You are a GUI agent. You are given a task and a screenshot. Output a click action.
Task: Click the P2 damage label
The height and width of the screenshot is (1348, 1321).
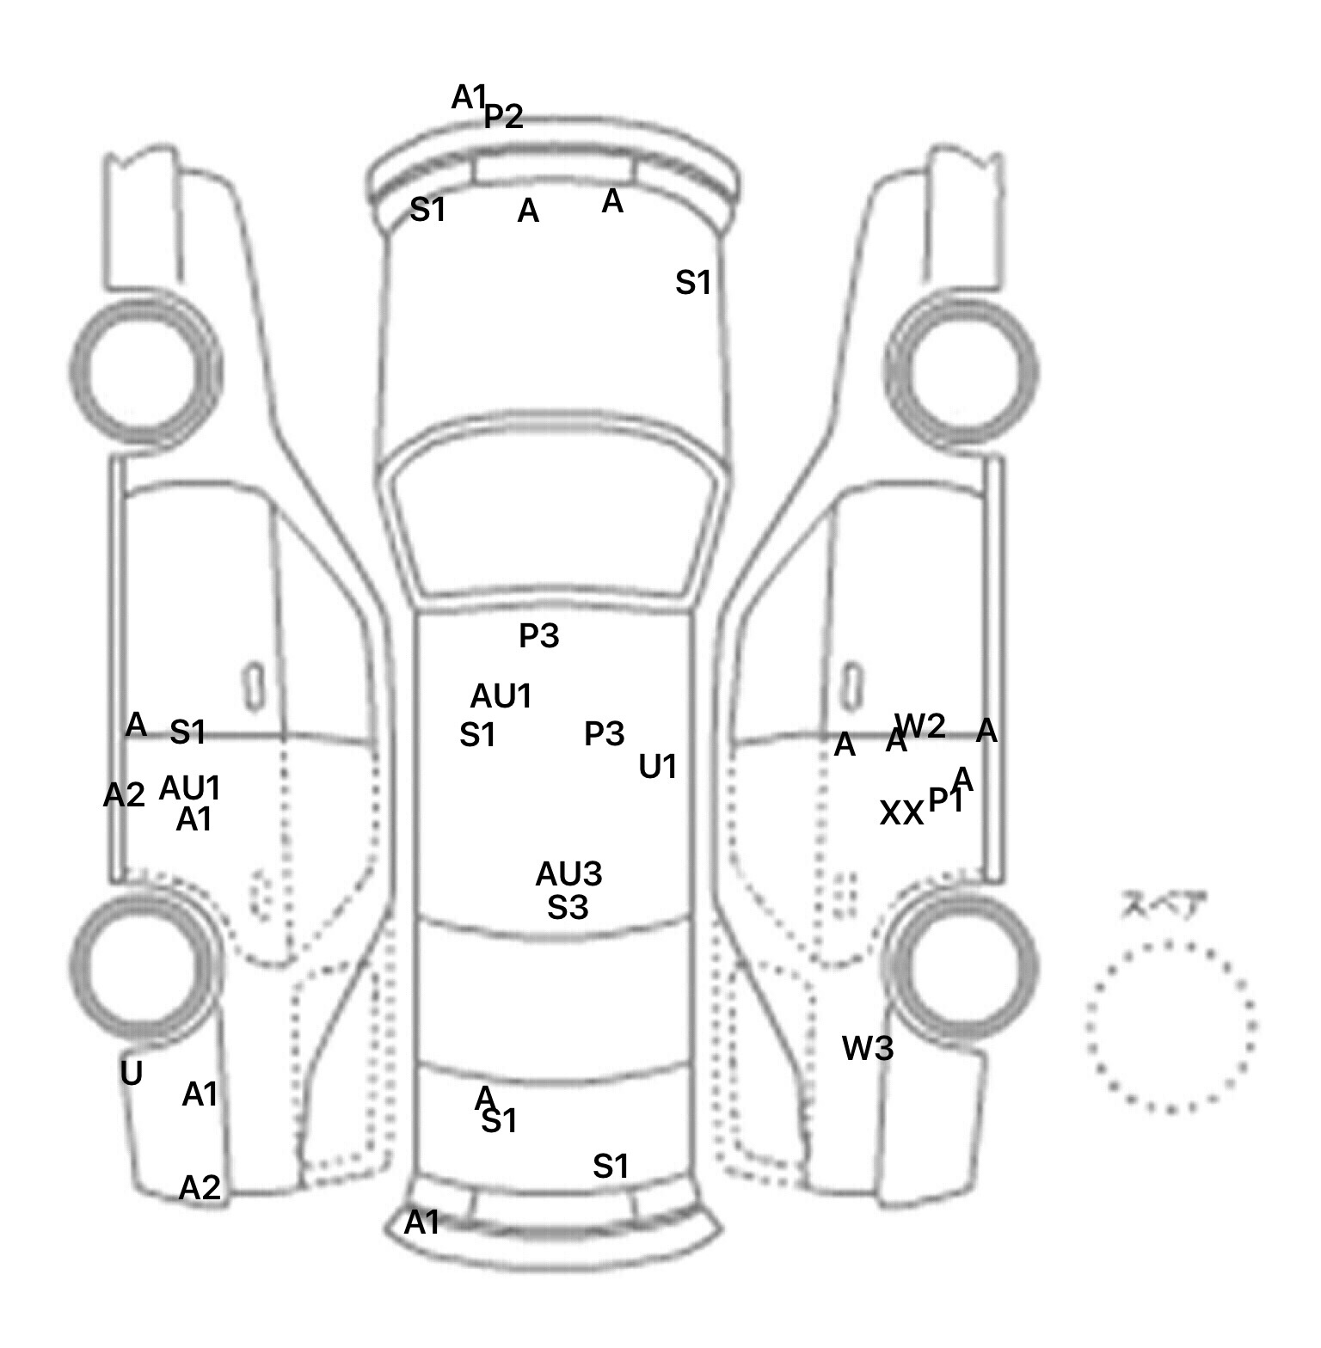tap(504, 116)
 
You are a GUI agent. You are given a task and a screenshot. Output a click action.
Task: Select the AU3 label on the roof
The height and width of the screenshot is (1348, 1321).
tap(568, 874)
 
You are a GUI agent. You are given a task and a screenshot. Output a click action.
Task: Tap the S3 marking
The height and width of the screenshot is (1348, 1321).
tap(568, 907)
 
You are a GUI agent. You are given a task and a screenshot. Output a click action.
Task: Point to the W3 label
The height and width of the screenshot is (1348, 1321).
tap(868, 1048)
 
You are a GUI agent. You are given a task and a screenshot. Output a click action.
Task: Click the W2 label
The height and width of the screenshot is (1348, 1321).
tap(922, 726)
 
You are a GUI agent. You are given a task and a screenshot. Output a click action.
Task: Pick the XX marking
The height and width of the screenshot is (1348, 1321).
tap(900, 812)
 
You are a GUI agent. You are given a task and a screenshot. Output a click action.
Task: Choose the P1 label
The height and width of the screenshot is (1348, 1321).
tap(945, 800)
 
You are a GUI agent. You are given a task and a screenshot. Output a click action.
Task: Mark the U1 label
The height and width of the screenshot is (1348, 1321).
tap(658, 767)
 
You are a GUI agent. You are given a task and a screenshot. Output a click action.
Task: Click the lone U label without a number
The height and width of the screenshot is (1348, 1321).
tap(131, 1073)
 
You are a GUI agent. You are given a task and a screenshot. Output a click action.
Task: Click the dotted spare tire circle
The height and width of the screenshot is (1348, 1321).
tap(1170, 1026)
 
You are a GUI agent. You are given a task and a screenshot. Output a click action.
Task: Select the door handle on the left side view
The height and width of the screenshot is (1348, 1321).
tap(254, 687)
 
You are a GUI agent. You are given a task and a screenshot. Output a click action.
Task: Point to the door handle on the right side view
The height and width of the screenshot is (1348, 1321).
tap(851, 685)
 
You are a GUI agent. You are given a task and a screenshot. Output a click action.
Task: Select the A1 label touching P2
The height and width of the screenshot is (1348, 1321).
tap(469, 97)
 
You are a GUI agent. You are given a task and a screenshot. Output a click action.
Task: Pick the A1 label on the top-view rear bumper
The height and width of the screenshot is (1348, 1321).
tap(421, 1222)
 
